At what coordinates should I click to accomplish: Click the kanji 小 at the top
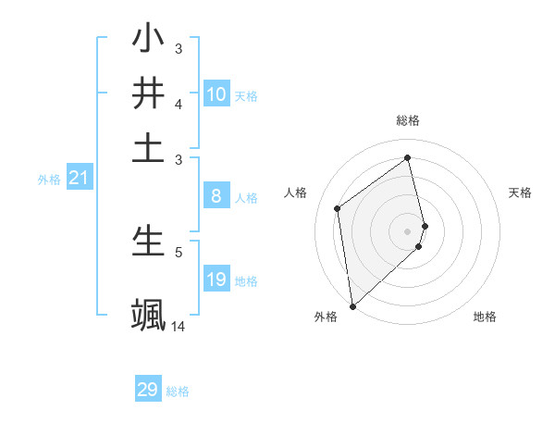tap(148, 40)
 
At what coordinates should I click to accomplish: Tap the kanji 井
tap(148, 93)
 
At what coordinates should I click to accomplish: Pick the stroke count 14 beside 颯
tap(179, 326)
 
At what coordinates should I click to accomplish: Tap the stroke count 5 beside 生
tap(179, 251)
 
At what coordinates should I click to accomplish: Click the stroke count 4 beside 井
tap(179, 104)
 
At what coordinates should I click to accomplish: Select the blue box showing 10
tap(216, 94)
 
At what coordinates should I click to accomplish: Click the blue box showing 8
tap(216, 195)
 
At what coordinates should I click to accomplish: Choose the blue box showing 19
tap(216, 280)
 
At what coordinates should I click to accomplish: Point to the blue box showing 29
tap(148, 390)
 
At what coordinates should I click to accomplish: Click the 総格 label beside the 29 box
tap(178, 391)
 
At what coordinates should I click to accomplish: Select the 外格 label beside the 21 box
tap(48, 180)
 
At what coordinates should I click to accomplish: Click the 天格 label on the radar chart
tap(521, 193)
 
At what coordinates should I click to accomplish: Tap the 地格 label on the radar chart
tap(485, 317)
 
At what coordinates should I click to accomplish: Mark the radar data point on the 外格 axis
tap(352, 305)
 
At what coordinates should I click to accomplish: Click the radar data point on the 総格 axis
tap(408, 157)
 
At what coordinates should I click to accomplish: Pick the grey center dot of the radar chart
tap(408, 230)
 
